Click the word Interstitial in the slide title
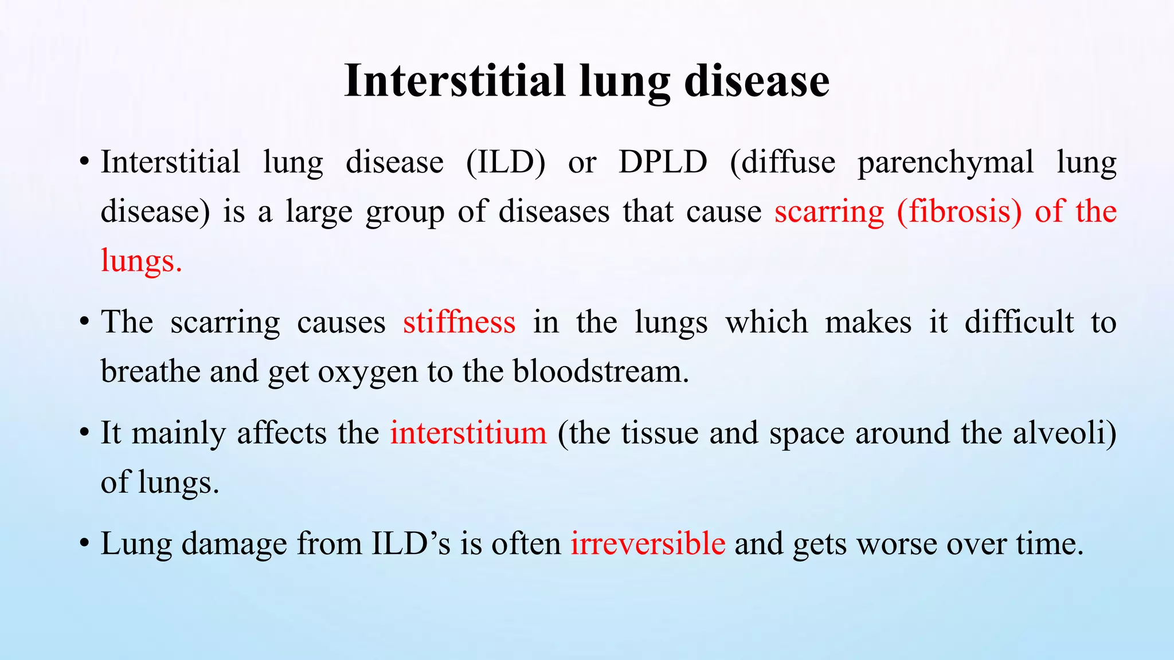coord(455,81)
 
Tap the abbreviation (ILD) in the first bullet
coord(506,162)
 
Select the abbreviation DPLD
coord(663,162)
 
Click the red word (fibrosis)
coord(959,212)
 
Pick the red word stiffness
coord(459,322)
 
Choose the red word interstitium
coord(468,433)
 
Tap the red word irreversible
coord(648,543)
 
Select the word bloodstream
coord(600,371)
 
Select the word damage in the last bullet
coord(234,544)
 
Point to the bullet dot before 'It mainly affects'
coord(84,433)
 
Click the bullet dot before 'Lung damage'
coord(84,544)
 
